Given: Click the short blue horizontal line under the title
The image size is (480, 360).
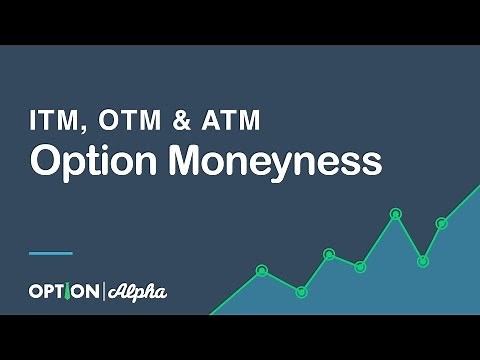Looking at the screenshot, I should pyautogui.click(x=50, y=252).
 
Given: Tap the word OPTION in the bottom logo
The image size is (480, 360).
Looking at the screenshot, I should pyautogui.click(x=62, y=292).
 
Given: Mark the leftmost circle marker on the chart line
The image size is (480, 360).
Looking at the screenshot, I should pyautogui.click(x=262, y=270).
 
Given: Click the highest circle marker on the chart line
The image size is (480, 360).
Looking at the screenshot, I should pyautogui.click(x=396, y=213).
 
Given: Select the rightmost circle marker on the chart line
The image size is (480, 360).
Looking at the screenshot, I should pyautogui.click(x=441, y=223).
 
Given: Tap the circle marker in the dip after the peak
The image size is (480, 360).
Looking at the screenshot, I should pyautogui.click(x=423, y=261).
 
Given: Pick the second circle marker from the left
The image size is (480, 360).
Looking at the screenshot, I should pyautogui.click(x=301, y=291).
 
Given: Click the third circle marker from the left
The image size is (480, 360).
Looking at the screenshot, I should pyautogui.click(x=329, y=254).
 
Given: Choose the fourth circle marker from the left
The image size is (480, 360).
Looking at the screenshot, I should pyautogui.click(x=360, y=266).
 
